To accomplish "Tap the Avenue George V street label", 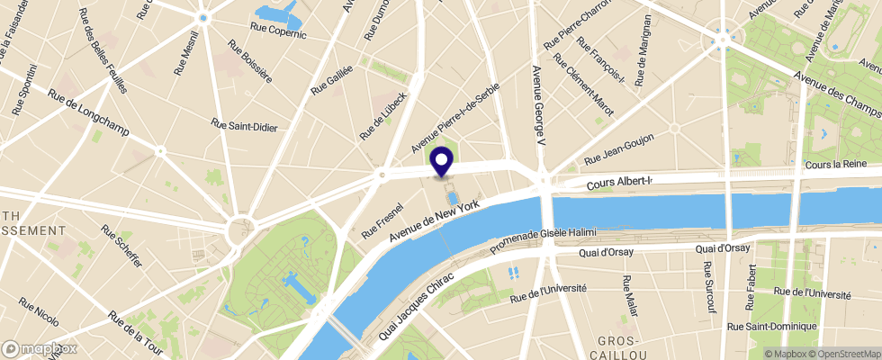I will pyautogui.click(x=537, y=107).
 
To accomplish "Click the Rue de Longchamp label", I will pyautogui.click(x=89, y=114).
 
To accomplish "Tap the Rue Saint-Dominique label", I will pyautogui.click(x=771, y=326).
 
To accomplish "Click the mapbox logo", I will pyautogui.click(x=40, y=348).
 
